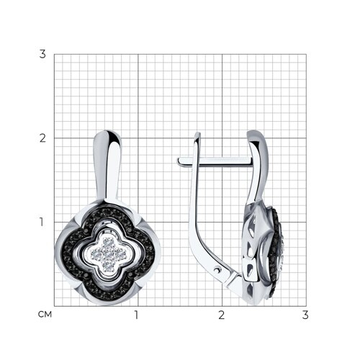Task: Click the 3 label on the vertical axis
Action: click(42, 54)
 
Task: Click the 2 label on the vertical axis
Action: click(42, 138)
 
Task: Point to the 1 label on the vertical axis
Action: click(42, 222)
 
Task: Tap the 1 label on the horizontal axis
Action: click(137, 315)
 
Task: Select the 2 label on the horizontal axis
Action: click(221, 315)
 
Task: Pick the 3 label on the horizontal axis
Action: click(305, 315)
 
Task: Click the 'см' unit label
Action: click(45, 315)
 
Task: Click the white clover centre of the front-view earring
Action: click(108, 254)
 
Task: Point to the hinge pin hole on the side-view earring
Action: click(217, 271)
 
